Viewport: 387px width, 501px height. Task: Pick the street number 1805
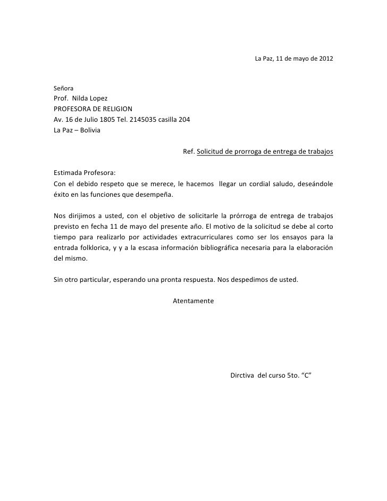104,119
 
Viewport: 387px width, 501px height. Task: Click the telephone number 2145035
144,119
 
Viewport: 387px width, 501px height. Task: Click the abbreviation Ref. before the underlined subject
189,152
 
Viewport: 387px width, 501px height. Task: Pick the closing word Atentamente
193,301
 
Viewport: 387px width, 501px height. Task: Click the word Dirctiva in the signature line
241,375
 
